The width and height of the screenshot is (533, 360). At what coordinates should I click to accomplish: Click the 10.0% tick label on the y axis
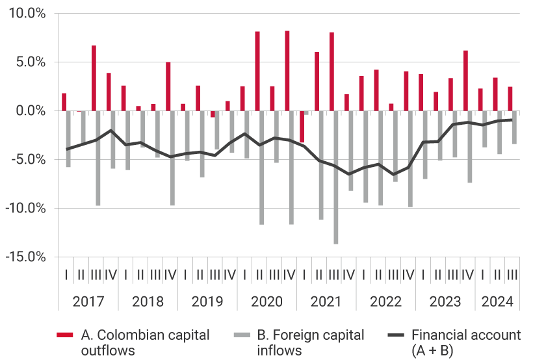tap(27, 14)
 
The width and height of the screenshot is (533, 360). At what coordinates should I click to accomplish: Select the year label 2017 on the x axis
tap(88, 302)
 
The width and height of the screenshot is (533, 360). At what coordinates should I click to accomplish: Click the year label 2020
tap(266, 302)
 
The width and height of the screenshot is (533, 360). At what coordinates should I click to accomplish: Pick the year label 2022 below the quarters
tap(385, 302)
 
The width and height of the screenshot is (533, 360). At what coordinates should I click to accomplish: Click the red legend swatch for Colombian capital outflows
tap(65, 335)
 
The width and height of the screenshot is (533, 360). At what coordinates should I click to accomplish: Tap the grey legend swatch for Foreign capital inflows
tap(241, 335)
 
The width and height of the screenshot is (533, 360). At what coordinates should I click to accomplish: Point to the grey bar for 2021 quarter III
tap(336, 177)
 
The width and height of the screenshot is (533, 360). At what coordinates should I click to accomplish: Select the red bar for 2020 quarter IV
tap(287, 71)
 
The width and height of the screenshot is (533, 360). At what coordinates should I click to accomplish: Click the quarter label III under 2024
tap(512, 274)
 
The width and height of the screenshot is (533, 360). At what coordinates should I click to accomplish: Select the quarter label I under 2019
tap(185, 274)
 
